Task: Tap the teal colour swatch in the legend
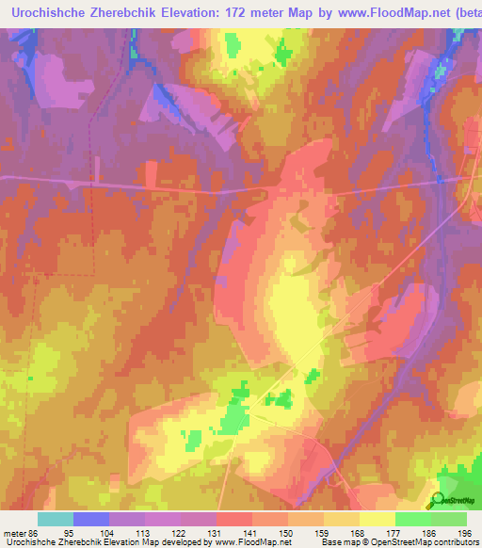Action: (55, 519)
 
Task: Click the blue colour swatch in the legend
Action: (90, 519)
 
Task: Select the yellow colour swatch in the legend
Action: (377, 519)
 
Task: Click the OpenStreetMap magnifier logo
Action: (438, 500)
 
